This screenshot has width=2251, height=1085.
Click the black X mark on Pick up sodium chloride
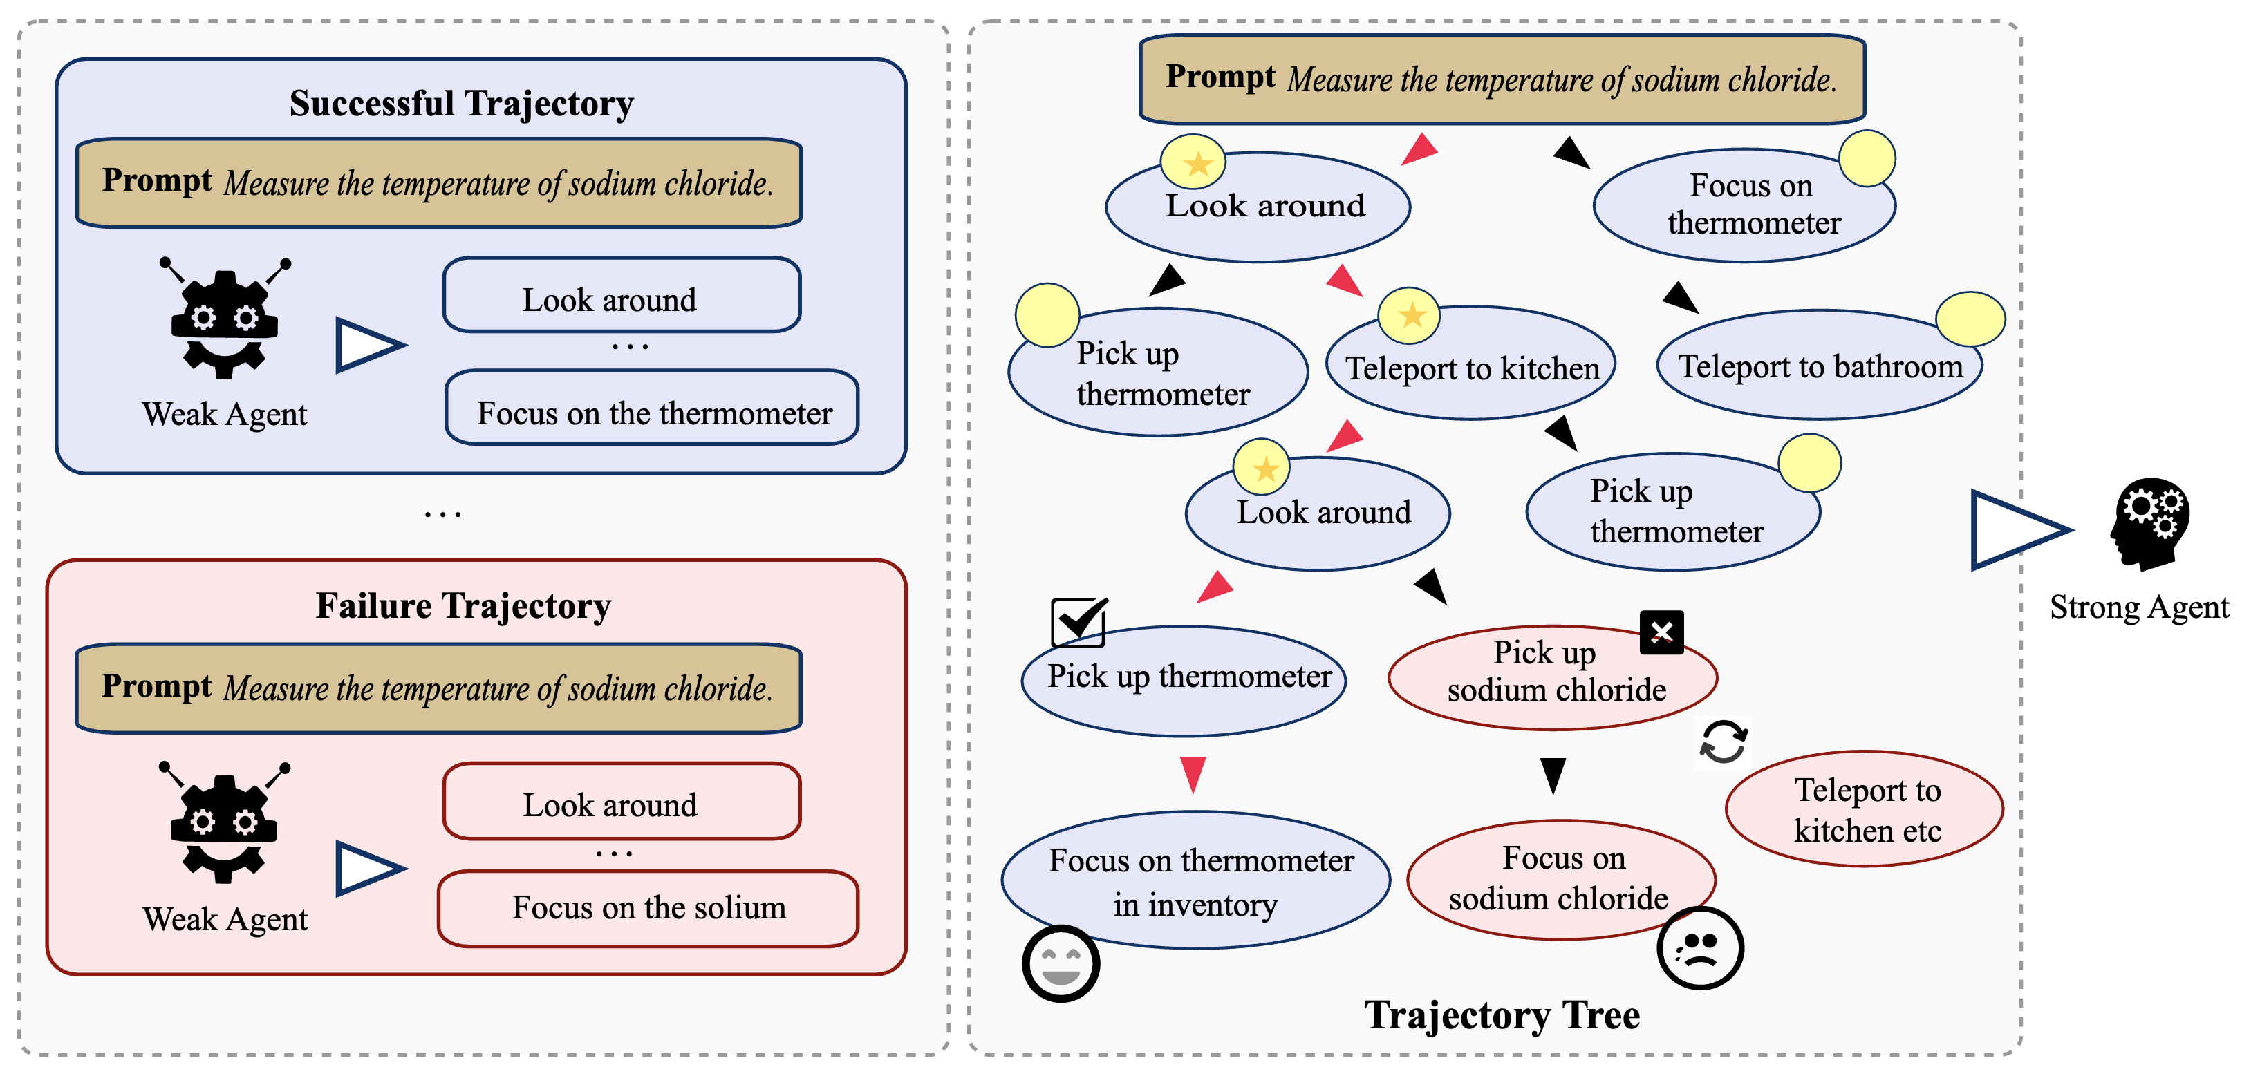tap(1661, 632)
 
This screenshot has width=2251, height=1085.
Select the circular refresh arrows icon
tap(1722, 742)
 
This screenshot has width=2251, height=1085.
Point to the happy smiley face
tap(1060, 963)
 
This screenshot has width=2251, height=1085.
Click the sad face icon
tap(1699, 948)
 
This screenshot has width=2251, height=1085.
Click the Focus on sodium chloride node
tap(1560, 879)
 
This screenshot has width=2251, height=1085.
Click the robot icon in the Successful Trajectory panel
tap(225, 319)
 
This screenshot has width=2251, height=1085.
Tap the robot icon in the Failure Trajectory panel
tap(225, 823)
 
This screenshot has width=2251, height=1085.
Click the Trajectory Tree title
tap(1502, 1015)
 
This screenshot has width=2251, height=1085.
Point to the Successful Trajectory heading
tap(461, 103)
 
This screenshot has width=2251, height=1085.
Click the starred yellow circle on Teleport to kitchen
tap(1410, 314)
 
